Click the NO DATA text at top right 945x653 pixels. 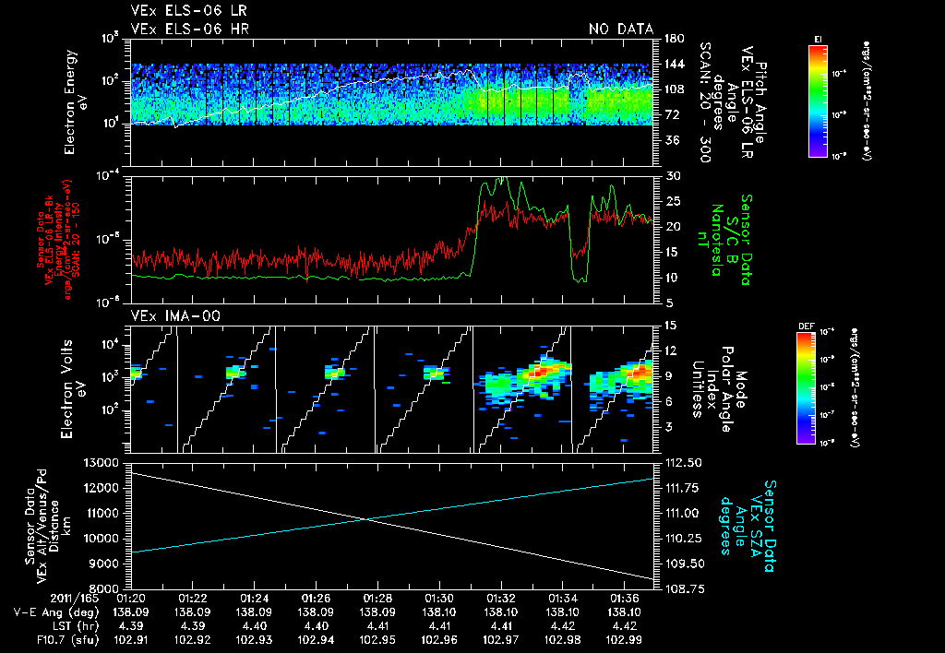pos(621,30)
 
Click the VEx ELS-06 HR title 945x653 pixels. pos(189,30)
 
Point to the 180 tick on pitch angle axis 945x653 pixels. pos(673,38)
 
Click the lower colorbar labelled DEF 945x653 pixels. pos(804,387)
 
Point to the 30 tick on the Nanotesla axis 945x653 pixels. pos(672,175)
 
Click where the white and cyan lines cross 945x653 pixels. pos(366,519)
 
